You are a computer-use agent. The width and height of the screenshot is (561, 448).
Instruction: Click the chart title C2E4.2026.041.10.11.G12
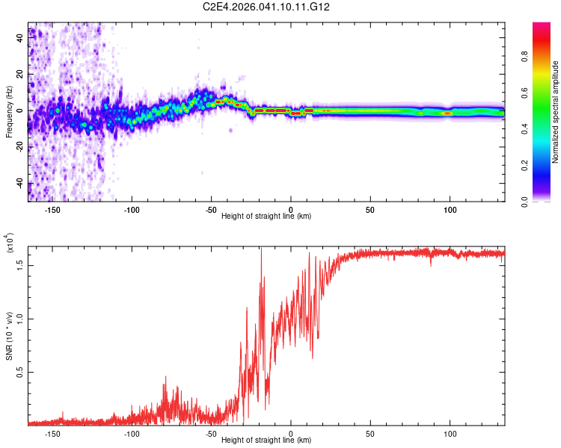(x=266, y=7)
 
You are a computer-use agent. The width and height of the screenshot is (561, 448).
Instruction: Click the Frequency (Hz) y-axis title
(x=9, y=112)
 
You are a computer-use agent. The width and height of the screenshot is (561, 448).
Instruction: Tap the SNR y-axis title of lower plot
(x=10, y=334)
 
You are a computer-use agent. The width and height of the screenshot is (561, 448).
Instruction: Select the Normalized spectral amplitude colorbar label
(x=555, y=112)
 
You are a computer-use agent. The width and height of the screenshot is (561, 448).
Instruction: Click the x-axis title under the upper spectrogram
(x=266, y=217)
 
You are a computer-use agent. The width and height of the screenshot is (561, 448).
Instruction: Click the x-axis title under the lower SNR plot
(x=266, y=441)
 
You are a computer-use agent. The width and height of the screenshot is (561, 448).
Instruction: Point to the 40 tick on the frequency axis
(x=19, y=38)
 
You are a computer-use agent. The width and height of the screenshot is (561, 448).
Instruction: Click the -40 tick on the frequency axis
(x=18, y=184)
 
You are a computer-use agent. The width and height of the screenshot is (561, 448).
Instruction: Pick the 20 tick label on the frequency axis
(x=19, y=75)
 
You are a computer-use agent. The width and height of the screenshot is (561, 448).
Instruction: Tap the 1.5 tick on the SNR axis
(x=19, y=264)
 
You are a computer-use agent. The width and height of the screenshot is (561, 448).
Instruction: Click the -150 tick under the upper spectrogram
(x=52, y=210)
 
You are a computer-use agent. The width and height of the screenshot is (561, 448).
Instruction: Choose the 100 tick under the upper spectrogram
(x=450, y=210)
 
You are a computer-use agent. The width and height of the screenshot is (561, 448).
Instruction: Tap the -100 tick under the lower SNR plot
(x=132, y=433)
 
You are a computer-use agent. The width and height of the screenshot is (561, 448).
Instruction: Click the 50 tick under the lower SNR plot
(x=370, y=433)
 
